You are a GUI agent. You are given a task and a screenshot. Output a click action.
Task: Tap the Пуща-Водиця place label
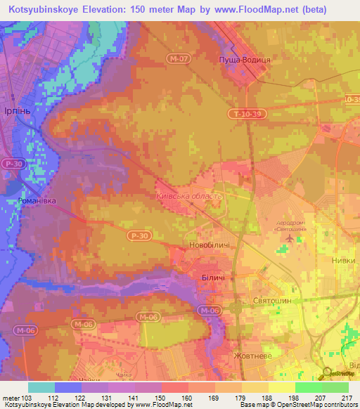point(244,60)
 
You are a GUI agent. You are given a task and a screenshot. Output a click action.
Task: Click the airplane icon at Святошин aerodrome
point(288,239)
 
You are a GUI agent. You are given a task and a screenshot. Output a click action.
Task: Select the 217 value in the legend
point(345,398)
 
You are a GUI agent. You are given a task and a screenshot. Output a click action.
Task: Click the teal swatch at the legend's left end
point(41,387)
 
